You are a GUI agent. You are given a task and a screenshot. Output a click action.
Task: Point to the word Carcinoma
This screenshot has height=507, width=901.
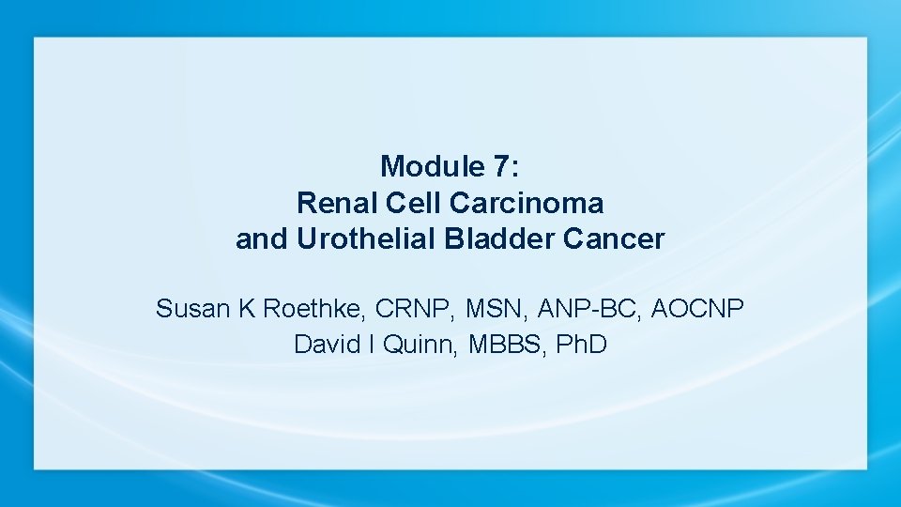[x=527, y=203]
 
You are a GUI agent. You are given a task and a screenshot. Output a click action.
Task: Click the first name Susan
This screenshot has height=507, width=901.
[x=193, y=308]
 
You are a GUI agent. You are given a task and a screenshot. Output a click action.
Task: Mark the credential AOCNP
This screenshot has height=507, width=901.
[x=699, y=308]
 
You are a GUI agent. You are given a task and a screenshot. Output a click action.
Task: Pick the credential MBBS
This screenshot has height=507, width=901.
[x=490, y=345]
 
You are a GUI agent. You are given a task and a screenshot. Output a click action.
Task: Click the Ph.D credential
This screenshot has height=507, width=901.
[x=582, y=345]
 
